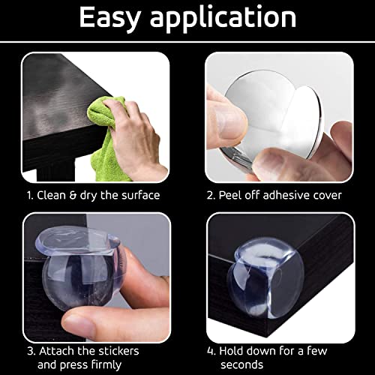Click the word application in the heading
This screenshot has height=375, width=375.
pos(223,18)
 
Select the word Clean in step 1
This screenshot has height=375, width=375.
pos(52,195)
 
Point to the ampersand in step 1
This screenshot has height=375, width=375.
pos(73,196)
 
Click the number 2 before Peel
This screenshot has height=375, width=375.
pos(210,196)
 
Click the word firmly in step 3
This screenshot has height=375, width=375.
pos(106,365)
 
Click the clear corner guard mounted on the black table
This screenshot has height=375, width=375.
pos(265,277)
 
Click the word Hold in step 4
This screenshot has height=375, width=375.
pos(233,351)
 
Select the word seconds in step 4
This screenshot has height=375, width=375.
pos(241,365)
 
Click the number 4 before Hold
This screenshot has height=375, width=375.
pos(211,351)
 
